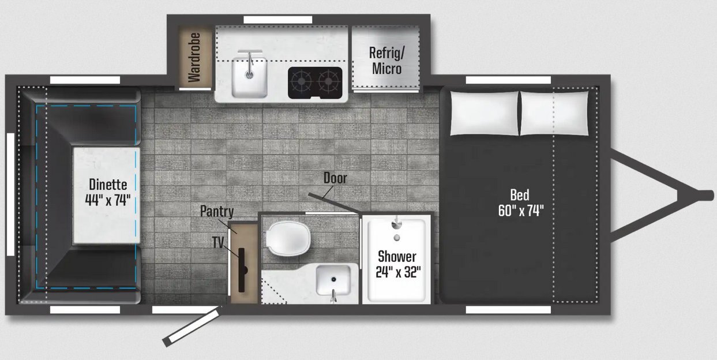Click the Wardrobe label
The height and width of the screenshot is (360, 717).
194,57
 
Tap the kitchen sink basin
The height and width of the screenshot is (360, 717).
249,77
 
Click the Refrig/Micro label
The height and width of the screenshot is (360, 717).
386,61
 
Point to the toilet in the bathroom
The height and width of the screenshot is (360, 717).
288,239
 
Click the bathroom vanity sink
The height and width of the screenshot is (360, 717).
333,280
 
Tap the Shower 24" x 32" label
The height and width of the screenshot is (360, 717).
398,264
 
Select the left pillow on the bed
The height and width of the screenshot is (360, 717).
485,113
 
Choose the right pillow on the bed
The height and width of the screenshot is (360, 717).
554,113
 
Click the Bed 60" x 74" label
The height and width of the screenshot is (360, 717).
521,203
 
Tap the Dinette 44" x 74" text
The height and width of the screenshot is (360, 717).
108,192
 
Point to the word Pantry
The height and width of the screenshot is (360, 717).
217,211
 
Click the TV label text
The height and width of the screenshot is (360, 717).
218,242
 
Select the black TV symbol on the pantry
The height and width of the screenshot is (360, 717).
242,270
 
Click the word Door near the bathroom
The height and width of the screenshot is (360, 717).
335,178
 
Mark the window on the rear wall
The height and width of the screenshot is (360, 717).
10,194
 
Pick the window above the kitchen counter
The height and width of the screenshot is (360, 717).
278,20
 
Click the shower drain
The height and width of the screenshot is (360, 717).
397,238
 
